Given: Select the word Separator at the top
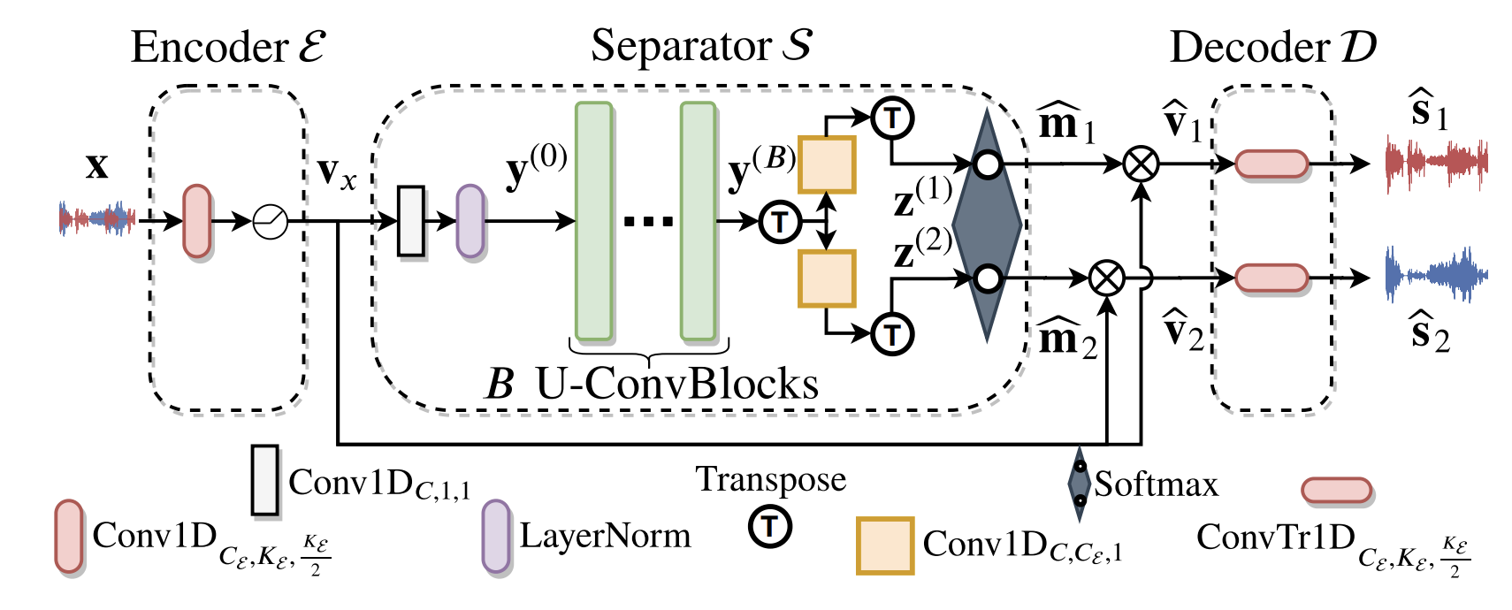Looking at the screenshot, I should coord(681,46).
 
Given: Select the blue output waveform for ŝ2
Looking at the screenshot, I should coord(1436,276).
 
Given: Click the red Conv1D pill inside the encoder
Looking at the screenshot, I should coord(197,221).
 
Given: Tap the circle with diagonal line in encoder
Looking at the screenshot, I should coord(271,221).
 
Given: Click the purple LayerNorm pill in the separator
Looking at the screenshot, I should coord(470,221).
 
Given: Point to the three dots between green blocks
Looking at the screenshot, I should coord(648,221).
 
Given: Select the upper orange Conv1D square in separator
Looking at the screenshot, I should coord(827,164).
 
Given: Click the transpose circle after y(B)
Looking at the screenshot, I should coord(780,221).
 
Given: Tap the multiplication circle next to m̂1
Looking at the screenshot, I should coord(1141,164).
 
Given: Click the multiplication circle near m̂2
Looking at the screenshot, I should coord(1106,278).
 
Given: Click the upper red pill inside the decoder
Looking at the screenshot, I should coord(1271,164).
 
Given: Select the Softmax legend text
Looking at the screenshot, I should coord(1156,484).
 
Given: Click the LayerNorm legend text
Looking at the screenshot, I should coord(605,536).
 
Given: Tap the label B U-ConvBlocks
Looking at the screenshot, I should coord(653,384).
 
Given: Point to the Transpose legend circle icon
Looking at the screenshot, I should coord(770,527).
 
